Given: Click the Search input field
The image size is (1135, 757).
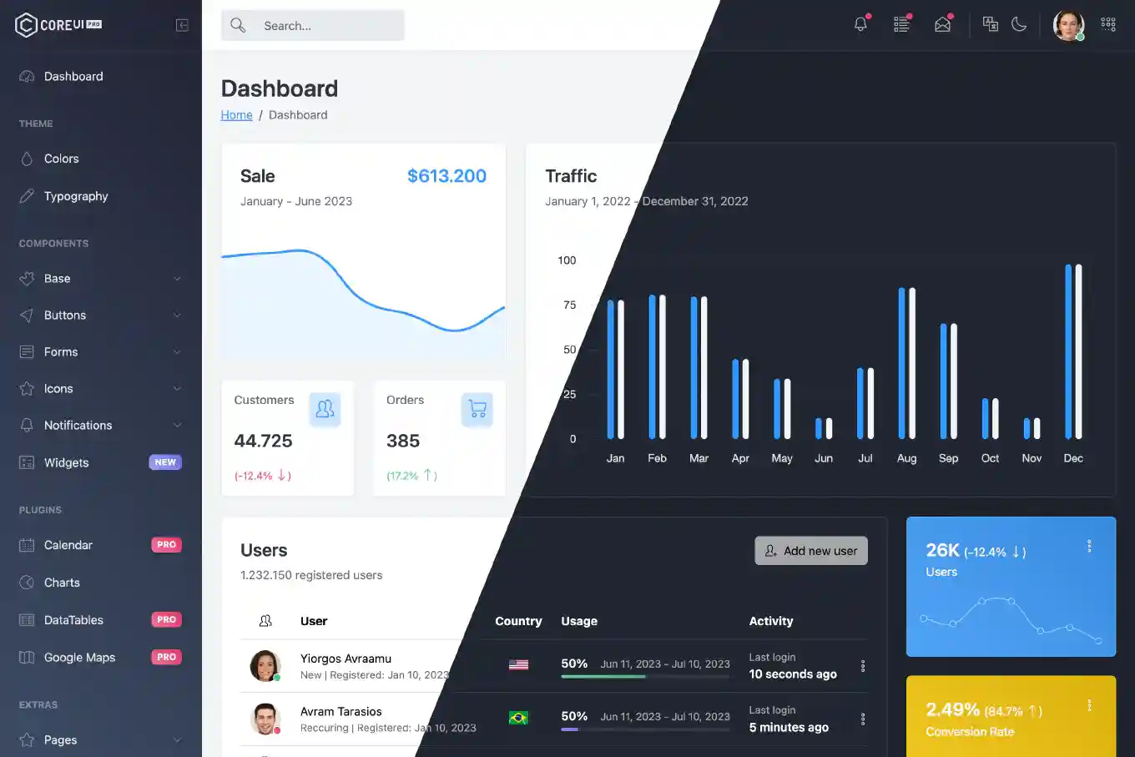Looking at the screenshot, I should (325, 26).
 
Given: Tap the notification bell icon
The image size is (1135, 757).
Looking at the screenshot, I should (860, 24).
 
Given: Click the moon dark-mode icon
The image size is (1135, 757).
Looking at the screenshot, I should (1019, 24).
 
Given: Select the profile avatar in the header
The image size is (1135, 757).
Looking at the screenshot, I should (1068, 25).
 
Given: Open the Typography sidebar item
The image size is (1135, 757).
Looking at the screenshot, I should (76, 196).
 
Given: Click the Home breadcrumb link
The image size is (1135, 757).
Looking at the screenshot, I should (236, 115).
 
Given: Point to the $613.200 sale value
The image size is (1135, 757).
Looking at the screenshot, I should (446, 176).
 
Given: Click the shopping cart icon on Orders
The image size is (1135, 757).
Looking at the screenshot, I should (477, 409).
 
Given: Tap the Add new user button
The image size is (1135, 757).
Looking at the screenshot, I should (811, 551).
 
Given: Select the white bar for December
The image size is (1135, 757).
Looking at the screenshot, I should (1078, 351).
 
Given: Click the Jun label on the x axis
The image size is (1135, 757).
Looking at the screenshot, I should (824, 458).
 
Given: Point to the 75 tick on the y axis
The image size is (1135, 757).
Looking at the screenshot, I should (569, 305).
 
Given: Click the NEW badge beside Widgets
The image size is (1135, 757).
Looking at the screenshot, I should (165, 462).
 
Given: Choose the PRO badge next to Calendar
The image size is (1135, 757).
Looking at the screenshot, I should (166, 545).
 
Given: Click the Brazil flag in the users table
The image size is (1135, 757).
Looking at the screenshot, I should (518, 718).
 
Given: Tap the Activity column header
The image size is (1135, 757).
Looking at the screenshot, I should (771, 621).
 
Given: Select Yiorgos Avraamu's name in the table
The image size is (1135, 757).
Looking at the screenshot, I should (346, 659).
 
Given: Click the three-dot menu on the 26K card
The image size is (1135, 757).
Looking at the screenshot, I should (1089, 546).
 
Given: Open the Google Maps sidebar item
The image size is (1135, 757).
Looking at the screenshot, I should (79, 658).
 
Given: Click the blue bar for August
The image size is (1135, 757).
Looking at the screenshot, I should (901, 363).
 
